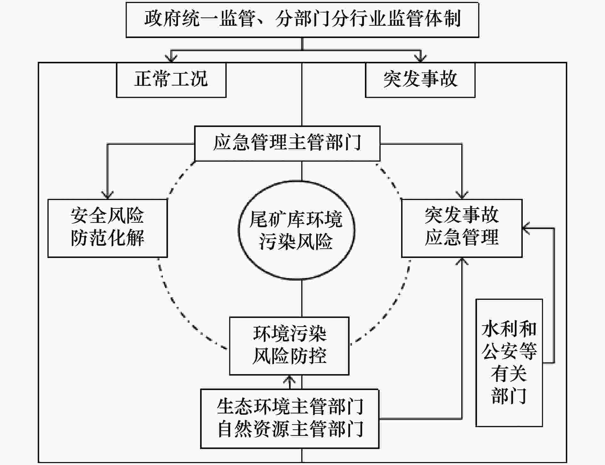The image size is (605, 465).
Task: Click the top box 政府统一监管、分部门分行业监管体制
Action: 302,20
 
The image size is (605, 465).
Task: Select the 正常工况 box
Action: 171,80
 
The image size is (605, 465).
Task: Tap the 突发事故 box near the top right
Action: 420,80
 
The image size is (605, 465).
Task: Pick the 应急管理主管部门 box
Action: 287,143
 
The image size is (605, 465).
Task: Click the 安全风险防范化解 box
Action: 108,228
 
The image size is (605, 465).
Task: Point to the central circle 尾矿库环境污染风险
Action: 296,230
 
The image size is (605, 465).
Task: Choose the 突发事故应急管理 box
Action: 462,228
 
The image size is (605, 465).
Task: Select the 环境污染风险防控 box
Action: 289,346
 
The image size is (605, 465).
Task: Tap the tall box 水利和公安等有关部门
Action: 509,363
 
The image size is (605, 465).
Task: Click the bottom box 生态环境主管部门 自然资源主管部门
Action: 290,419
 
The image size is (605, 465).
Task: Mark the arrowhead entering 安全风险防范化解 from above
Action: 108,195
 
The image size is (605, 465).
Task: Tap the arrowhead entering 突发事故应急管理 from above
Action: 462,195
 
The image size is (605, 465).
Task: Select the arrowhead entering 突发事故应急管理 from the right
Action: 527,228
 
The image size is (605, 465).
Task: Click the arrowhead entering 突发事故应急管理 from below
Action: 462,261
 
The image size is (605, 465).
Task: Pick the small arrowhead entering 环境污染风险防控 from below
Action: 290,379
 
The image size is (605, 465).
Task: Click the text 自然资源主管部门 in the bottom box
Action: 290,429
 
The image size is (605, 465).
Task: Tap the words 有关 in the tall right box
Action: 509,374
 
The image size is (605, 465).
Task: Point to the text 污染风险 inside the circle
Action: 296,241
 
